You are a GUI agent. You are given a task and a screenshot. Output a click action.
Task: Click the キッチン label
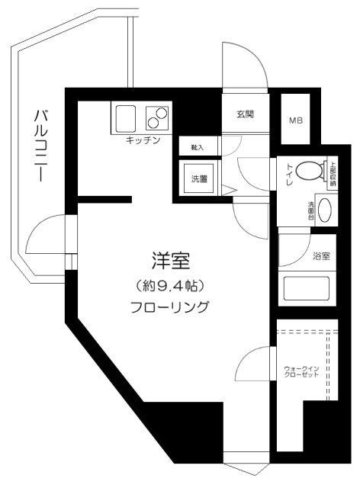tap(143, 141)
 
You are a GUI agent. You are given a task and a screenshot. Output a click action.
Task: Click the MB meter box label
tap(294, 120)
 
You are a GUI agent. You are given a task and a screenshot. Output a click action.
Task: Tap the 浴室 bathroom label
tap(321, 256)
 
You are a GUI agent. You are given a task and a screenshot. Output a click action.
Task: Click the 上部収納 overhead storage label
tap(333, 174)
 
